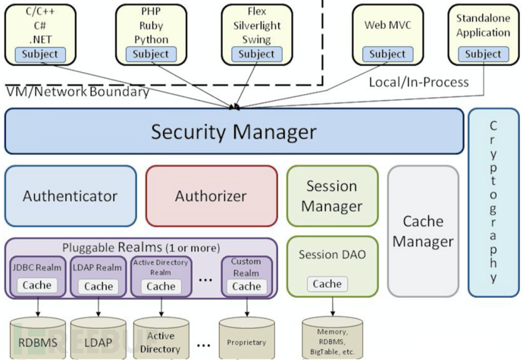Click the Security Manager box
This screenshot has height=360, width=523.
tap(233, 131)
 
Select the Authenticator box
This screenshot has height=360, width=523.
tap(70, 196)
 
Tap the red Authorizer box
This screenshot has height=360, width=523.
tap(211, 196)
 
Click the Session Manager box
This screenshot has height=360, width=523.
tap(331, 196)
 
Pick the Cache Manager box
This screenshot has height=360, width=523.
tap(423, 231)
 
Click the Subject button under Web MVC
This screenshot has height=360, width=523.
tap(387, 54)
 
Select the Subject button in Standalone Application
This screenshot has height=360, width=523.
tap(483, 54)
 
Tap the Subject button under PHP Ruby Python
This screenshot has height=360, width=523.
tap(151, 54)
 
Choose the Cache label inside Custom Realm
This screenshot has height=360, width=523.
tap(246, 286)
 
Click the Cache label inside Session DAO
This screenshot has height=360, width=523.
tap(327, 283)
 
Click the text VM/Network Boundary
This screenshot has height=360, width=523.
tap(77, 92)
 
